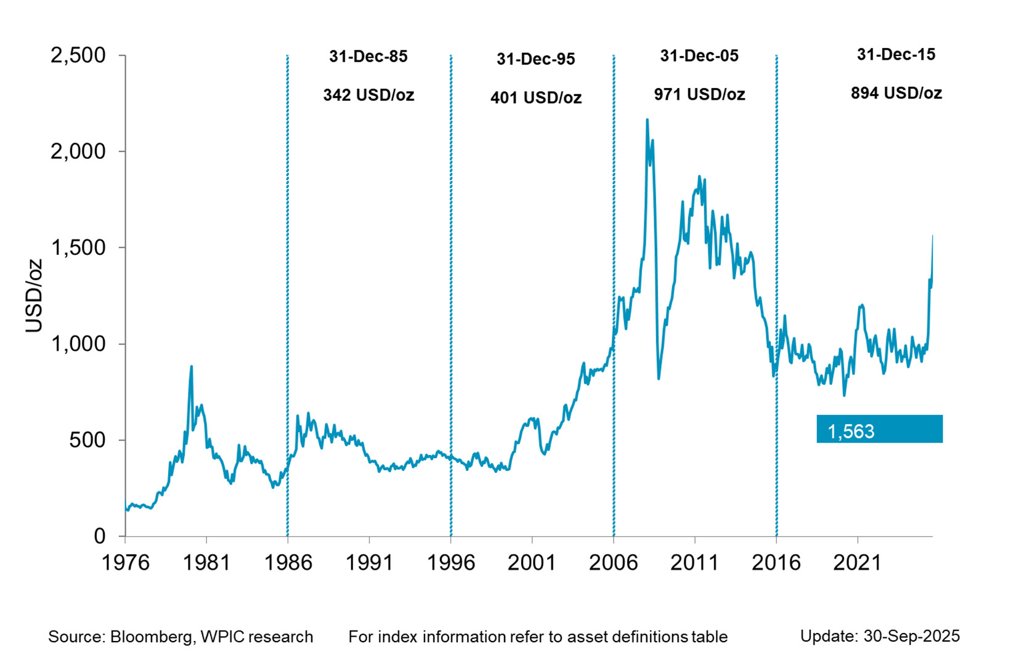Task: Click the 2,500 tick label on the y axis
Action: click(x=78, y=55)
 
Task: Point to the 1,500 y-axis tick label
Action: click(x=78, y=248)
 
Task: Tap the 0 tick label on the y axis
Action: click(x=99, y=536)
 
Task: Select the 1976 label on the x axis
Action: click(x=125, y=562)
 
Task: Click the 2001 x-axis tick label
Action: click(x=532, y=562)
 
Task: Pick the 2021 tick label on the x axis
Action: click(x=857, y=562)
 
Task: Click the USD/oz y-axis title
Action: click(x=34, y=296)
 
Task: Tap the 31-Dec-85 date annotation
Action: click(x=368, y=57)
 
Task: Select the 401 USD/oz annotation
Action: click(x=536, y=98)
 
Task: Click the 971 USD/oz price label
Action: click(x=699, y=95)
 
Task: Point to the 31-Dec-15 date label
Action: click(x=896, y=55)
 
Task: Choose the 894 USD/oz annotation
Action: click(x=896, y=94)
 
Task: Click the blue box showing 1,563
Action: click(x=879, y=429)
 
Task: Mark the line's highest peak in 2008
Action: click(x=647, y=119)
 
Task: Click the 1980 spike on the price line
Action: click(x=192, y=366)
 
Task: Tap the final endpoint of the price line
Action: click(x=932, y=236)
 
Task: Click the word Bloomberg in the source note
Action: click(x=150, y=637)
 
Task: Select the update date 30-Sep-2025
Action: click(x=911, y=636)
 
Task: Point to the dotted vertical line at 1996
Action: click(x=451, y=296)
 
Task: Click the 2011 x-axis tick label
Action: click(x=694, y=562)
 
